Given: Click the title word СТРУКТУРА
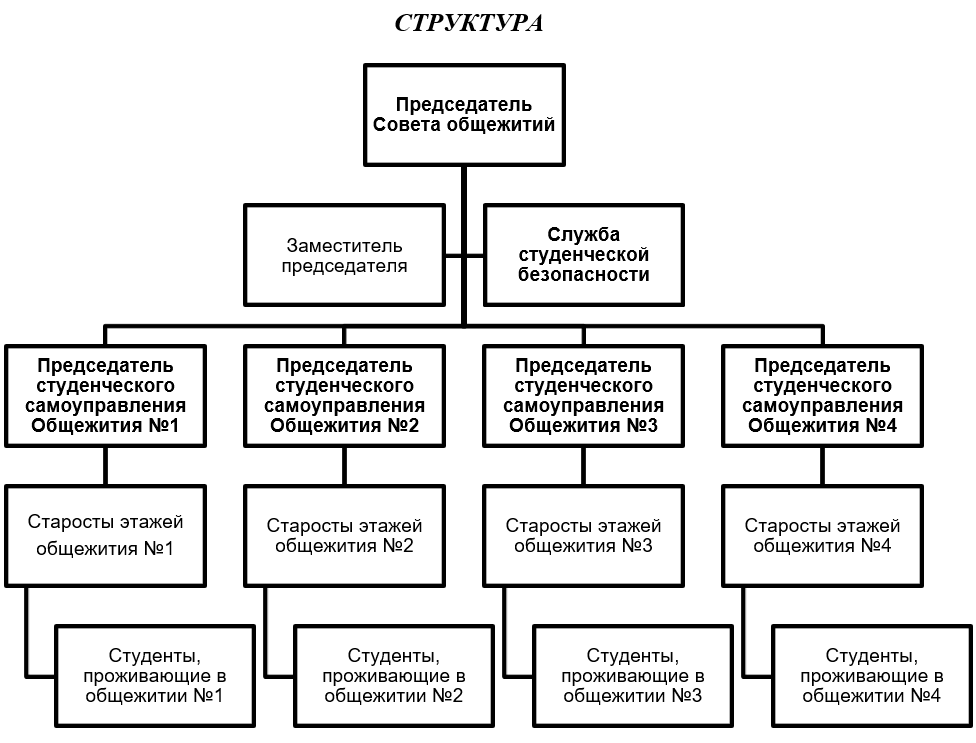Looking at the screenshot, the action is (x=469, y=23).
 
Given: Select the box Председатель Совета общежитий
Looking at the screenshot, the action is (x=464, y=114).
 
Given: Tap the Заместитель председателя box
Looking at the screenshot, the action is (x=344, y=255).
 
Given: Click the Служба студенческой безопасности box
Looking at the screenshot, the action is (x=584, y=255).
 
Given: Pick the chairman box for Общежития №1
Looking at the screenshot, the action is (x=105, y=396).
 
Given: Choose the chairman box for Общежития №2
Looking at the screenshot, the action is (x=344, y=396).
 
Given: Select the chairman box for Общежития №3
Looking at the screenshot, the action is (x=584, y=396).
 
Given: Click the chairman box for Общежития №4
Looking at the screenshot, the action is (x=822, y=396).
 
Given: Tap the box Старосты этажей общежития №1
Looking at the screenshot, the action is (x=105, y=536).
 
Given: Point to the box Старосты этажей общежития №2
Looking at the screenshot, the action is (x=344, y=536).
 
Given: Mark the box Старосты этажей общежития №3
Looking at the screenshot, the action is (x=584, y=536).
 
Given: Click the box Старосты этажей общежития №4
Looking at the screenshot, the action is (x=822, y=536).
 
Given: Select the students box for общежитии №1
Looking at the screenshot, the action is (x=155, y=676).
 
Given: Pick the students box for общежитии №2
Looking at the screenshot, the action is (x=394, y=676).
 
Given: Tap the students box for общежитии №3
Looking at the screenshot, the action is (x=633, y=676).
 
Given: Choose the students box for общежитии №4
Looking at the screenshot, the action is (x=871, y=676).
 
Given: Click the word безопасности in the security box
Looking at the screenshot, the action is (x=584, y=274).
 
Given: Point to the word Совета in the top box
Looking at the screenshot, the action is (x=405, y=124).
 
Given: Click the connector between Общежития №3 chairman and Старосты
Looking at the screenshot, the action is (x=584, y=466).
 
